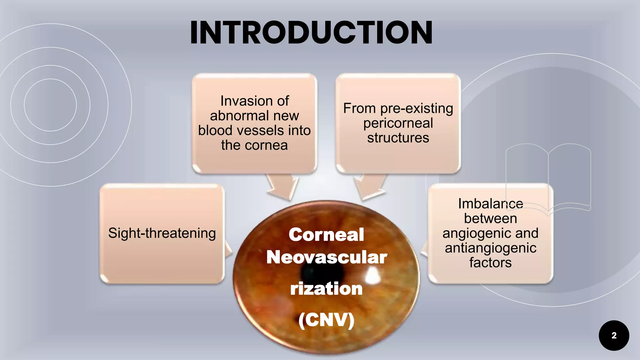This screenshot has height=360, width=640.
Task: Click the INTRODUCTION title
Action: click(311, 32)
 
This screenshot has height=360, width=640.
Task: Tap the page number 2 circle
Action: click(614, 335)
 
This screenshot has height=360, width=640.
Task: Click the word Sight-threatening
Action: click(162, 233)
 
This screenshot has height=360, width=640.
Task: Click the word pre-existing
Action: click(417, 109)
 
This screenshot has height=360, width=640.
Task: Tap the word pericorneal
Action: click(398, 123)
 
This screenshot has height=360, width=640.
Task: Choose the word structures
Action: click(398, 138)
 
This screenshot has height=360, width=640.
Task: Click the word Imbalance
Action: click(490, 204)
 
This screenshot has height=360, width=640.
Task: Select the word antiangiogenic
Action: click(490, 248)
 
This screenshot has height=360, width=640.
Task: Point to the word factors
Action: click(490, 262)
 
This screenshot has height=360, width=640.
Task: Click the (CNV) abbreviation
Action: click(326, 320)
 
